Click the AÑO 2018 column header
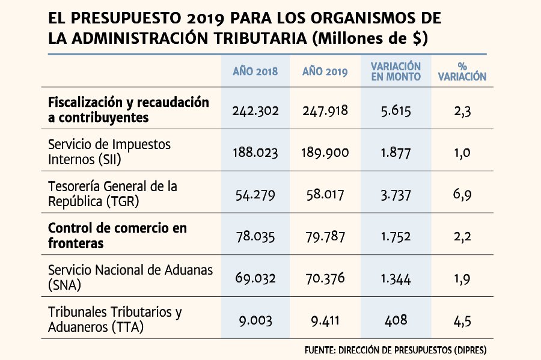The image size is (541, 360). (255, 72)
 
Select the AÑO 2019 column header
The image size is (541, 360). (325, 72)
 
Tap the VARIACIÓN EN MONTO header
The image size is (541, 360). (396, 72)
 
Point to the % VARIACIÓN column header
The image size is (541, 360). (462, 72)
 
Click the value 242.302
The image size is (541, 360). (255, 111)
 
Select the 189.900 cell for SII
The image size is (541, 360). (325, 153)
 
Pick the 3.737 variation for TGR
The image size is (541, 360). (396, 195)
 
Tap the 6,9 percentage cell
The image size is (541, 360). (462, 195)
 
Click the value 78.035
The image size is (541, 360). (255, 237)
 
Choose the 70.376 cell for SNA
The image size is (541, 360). (325, 278)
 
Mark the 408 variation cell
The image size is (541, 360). (396, 320)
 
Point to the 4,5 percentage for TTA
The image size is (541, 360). (462, 321)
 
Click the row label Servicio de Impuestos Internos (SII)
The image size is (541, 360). (109, 151)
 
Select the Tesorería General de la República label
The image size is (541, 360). (112, 194)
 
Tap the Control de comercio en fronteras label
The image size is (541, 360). (117, 236)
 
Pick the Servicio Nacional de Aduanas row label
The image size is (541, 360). (130, 277)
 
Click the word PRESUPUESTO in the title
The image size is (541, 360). (126, 18)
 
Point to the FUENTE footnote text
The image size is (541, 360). (396, 350)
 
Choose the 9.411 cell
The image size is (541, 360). (325, 321)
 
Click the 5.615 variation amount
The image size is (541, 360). (396, 111)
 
